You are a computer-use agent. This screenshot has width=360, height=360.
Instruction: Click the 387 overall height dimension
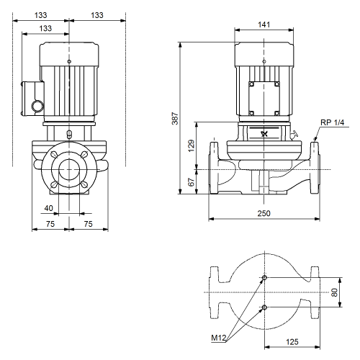[175, 118]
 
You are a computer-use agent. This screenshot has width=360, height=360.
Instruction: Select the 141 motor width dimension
[264, 24]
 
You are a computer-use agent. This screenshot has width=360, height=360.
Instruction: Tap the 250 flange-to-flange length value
[264, 213]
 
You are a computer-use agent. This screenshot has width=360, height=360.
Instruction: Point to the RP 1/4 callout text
[332, 122]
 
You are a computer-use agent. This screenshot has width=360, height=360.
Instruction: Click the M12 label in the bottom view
[219, 338]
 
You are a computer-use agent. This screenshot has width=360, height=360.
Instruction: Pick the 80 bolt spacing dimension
[334, 292]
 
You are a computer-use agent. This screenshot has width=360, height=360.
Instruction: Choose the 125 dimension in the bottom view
[292, 342]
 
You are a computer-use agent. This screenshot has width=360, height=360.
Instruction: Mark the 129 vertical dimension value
[192, 145]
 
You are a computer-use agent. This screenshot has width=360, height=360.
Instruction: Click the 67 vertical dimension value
[192, 182]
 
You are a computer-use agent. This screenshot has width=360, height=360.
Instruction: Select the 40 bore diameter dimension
[48, 208]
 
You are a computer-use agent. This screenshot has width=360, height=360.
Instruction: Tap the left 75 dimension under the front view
[50, 224]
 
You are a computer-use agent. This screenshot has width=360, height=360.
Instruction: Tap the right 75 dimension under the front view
[88, 224]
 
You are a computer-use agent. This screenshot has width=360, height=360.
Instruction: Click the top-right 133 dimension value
[97, 15]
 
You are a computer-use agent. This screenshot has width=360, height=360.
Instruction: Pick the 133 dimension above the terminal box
[45, 28]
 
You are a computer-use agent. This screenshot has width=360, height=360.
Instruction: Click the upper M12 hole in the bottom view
[264, 278]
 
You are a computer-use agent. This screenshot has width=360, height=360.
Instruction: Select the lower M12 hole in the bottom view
[264, 307]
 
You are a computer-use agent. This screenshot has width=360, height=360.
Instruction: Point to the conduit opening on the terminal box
[38, 106]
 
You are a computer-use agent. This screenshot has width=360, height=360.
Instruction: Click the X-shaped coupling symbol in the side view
[264, 134]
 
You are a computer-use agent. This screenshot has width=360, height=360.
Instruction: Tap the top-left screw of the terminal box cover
[251, 84]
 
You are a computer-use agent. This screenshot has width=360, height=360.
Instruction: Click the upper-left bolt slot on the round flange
[55, 155]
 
